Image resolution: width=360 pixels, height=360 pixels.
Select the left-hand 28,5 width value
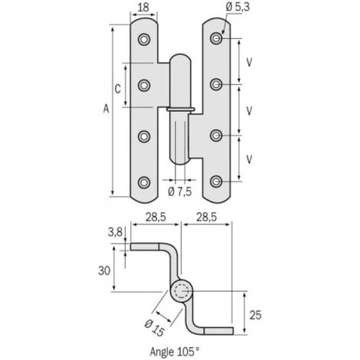155,218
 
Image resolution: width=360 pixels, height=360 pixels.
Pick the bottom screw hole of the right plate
217,182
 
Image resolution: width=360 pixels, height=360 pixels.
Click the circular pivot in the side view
181,291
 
